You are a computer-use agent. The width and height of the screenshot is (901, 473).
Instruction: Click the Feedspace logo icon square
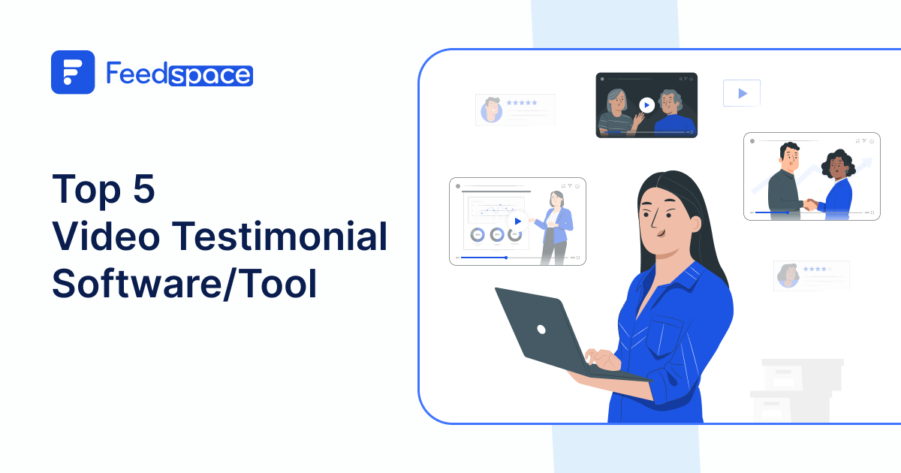[x=73, y=72]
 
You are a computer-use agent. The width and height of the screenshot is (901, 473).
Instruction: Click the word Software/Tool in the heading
[x=185, y=285]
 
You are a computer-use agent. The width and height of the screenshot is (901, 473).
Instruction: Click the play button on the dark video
[x=646, y=105]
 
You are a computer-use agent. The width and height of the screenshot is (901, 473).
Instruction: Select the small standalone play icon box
[x=742, y=93]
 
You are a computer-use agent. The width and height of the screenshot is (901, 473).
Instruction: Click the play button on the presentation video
[x=517, y=221]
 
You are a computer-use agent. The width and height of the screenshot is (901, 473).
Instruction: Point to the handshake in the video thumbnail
[x=810, y=203]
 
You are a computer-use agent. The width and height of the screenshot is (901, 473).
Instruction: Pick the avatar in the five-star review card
[x=492, y=110]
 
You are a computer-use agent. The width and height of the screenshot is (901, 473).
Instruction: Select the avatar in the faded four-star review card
[x=788, y=275]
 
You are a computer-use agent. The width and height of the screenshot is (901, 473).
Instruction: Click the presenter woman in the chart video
[x=556, y=225]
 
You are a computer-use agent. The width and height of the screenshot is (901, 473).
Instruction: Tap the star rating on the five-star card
[x=522, y=102]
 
